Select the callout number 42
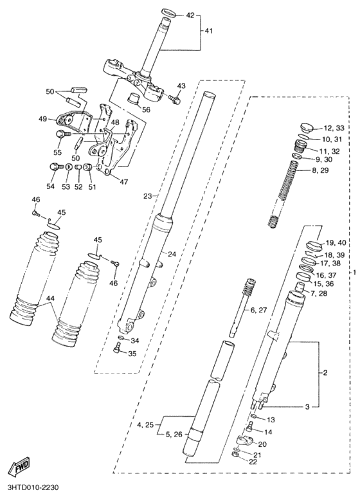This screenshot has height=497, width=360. point(190,15)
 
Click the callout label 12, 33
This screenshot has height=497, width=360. point(334,128)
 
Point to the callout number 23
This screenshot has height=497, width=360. point(147,195)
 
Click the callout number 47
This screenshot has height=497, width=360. point(123,182)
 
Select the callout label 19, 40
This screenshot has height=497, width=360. point(336,242)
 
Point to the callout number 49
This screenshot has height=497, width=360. point(44,119)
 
